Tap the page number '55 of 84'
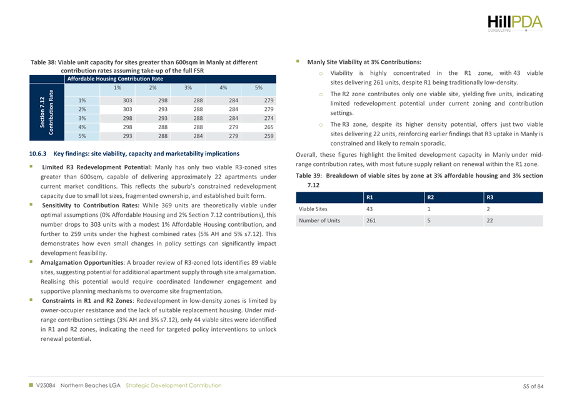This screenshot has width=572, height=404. tap(534, 386)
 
